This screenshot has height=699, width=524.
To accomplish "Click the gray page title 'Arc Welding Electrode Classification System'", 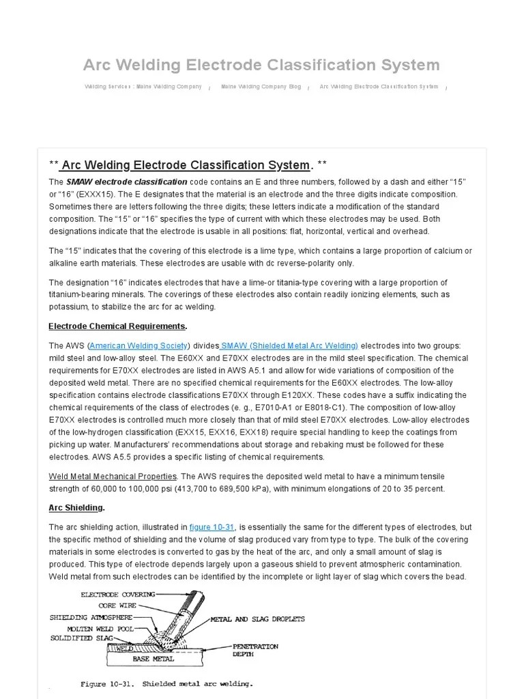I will tap(261, 65).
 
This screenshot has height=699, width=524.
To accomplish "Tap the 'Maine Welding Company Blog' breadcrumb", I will tap(261, 87).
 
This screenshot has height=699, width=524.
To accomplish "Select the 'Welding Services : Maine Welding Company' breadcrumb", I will tap(143, 87).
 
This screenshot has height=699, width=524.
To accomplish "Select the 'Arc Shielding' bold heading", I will tap(76, 507).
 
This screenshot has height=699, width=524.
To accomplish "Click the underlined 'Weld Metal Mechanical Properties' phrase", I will tap(113, 476).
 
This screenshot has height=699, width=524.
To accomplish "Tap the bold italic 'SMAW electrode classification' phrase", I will tap(126, 182).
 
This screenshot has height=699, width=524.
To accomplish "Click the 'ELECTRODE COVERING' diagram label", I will tap(117, 595).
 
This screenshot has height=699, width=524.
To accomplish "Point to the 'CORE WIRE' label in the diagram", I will tap(117, 605).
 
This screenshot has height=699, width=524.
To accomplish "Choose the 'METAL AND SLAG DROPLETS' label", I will tap(257, 619).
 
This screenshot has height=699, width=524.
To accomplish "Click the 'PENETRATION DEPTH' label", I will tap(255, 649).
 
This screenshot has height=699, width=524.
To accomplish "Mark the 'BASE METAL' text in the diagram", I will tap(154, 659).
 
